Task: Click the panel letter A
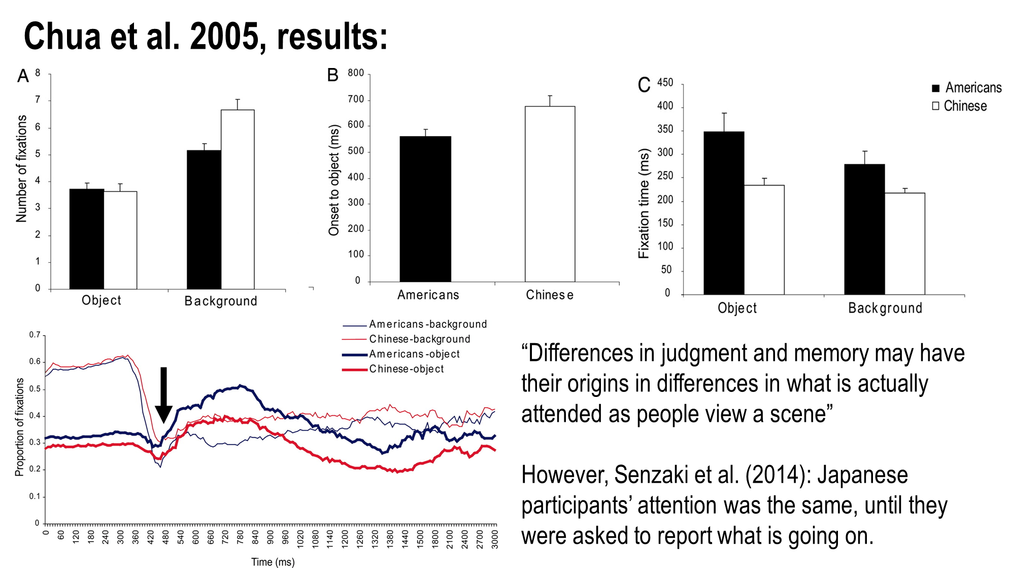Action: (23, 76)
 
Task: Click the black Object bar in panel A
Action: (87, 239)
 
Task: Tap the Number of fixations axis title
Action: (21, 169)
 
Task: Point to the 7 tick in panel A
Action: (38, 100)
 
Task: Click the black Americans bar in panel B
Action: (425, 209)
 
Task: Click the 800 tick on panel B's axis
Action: (356, 73)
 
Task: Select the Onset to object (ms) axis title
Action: (333, 180)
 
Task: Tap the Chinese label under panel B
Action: (550, 295)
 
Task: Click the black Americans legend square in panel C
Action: (936, 88)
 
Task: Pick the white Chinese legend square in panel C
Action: (936, 106)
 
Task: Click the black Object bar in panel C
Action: (724, 213)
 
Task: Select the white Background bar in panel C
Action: (904, 244)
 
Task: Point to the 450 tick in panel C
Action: (665, 83)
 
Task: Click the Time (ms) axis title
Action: (273, 561)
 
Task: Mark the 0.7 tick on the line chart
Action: (35, 335)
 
